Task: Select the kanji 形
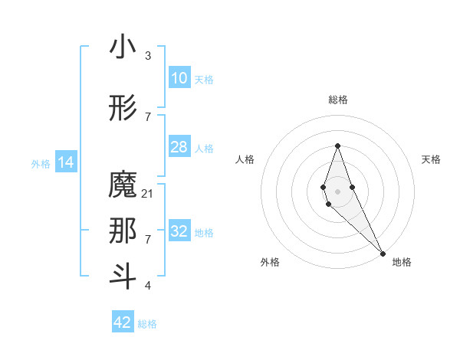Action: coord(123,110)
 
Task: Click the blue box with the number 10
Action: coord(179,78)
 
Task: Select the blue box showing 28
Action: coord(179,147)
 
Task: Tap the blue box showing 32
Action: coord(179,231)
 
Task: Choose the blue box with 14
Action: coord(66,162)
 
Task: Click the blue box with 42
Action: coord(123,322)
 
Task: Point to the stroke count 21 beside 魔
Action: coord(148,194)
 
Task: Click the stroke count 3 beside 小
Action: coord(148,56)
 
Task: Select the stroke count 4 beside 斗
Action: coord(148,286)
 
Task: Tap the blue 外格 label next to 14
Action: coord(41,163)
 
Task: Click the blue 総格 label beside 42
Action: coord(147,324)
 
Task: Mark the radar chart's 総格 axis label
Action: coord(337,100)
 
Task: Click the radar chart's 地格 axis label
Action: coord(402,262)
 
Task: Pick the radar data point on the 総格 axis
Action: coord(337,146)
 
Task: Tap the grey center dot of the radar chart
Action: coord(337,190)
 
